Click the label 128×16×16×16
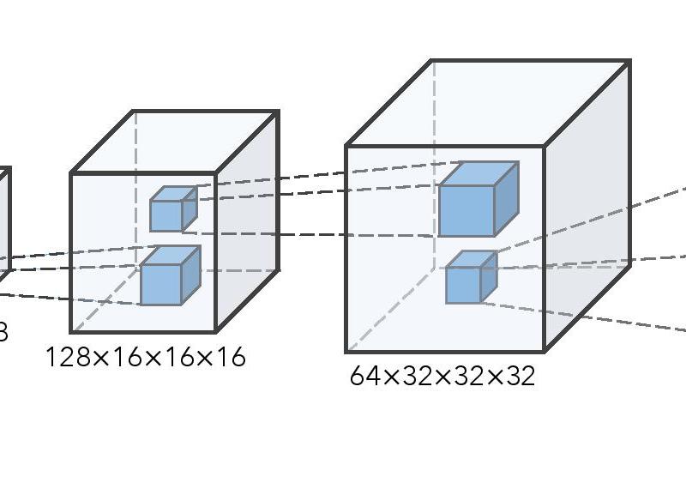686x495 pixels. [x=145, y=357]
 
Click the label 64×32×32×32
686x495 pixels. [x=442, y=376]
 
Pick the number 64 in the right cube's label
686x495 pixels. [x=364, y=376]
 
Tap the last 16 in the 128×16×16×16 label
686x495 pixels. [x=230, y=357]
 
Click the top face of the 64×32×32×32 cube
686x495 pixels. [x=487, y=103]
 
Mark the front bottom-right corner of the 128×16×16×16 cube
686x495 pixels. [x=215, y=331]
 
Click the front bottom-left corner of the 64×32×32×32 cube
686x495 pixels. [x=346, y=352]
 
